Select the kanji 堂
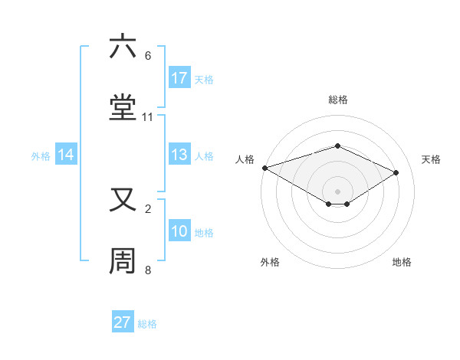click(123, 108)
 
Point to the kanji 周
click(123, 261)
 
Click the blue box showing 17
click(179, 77)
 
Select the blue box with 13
click(179, 155)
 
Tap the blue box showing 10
click(179, 231)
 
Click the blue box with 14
click(66, 155)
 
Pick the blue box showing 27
click(123, 322)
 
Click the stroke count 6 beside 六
click(148, 56)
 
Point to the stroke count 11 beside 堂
click(148, 117)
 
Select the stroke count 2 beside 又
click(148, 208)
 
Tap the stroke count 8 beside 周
click(148, 270)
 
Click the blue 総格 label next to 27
click(147, 324)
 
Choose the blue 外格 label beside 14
click(41, 155)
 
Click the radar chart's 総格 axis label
click(337, 100)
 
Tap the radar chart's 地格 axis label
click(402, 262)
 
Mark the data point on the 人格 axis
click(264, 168)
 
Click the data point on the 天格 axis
click(396, 172)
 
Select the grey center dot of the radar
click(337, 191)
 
